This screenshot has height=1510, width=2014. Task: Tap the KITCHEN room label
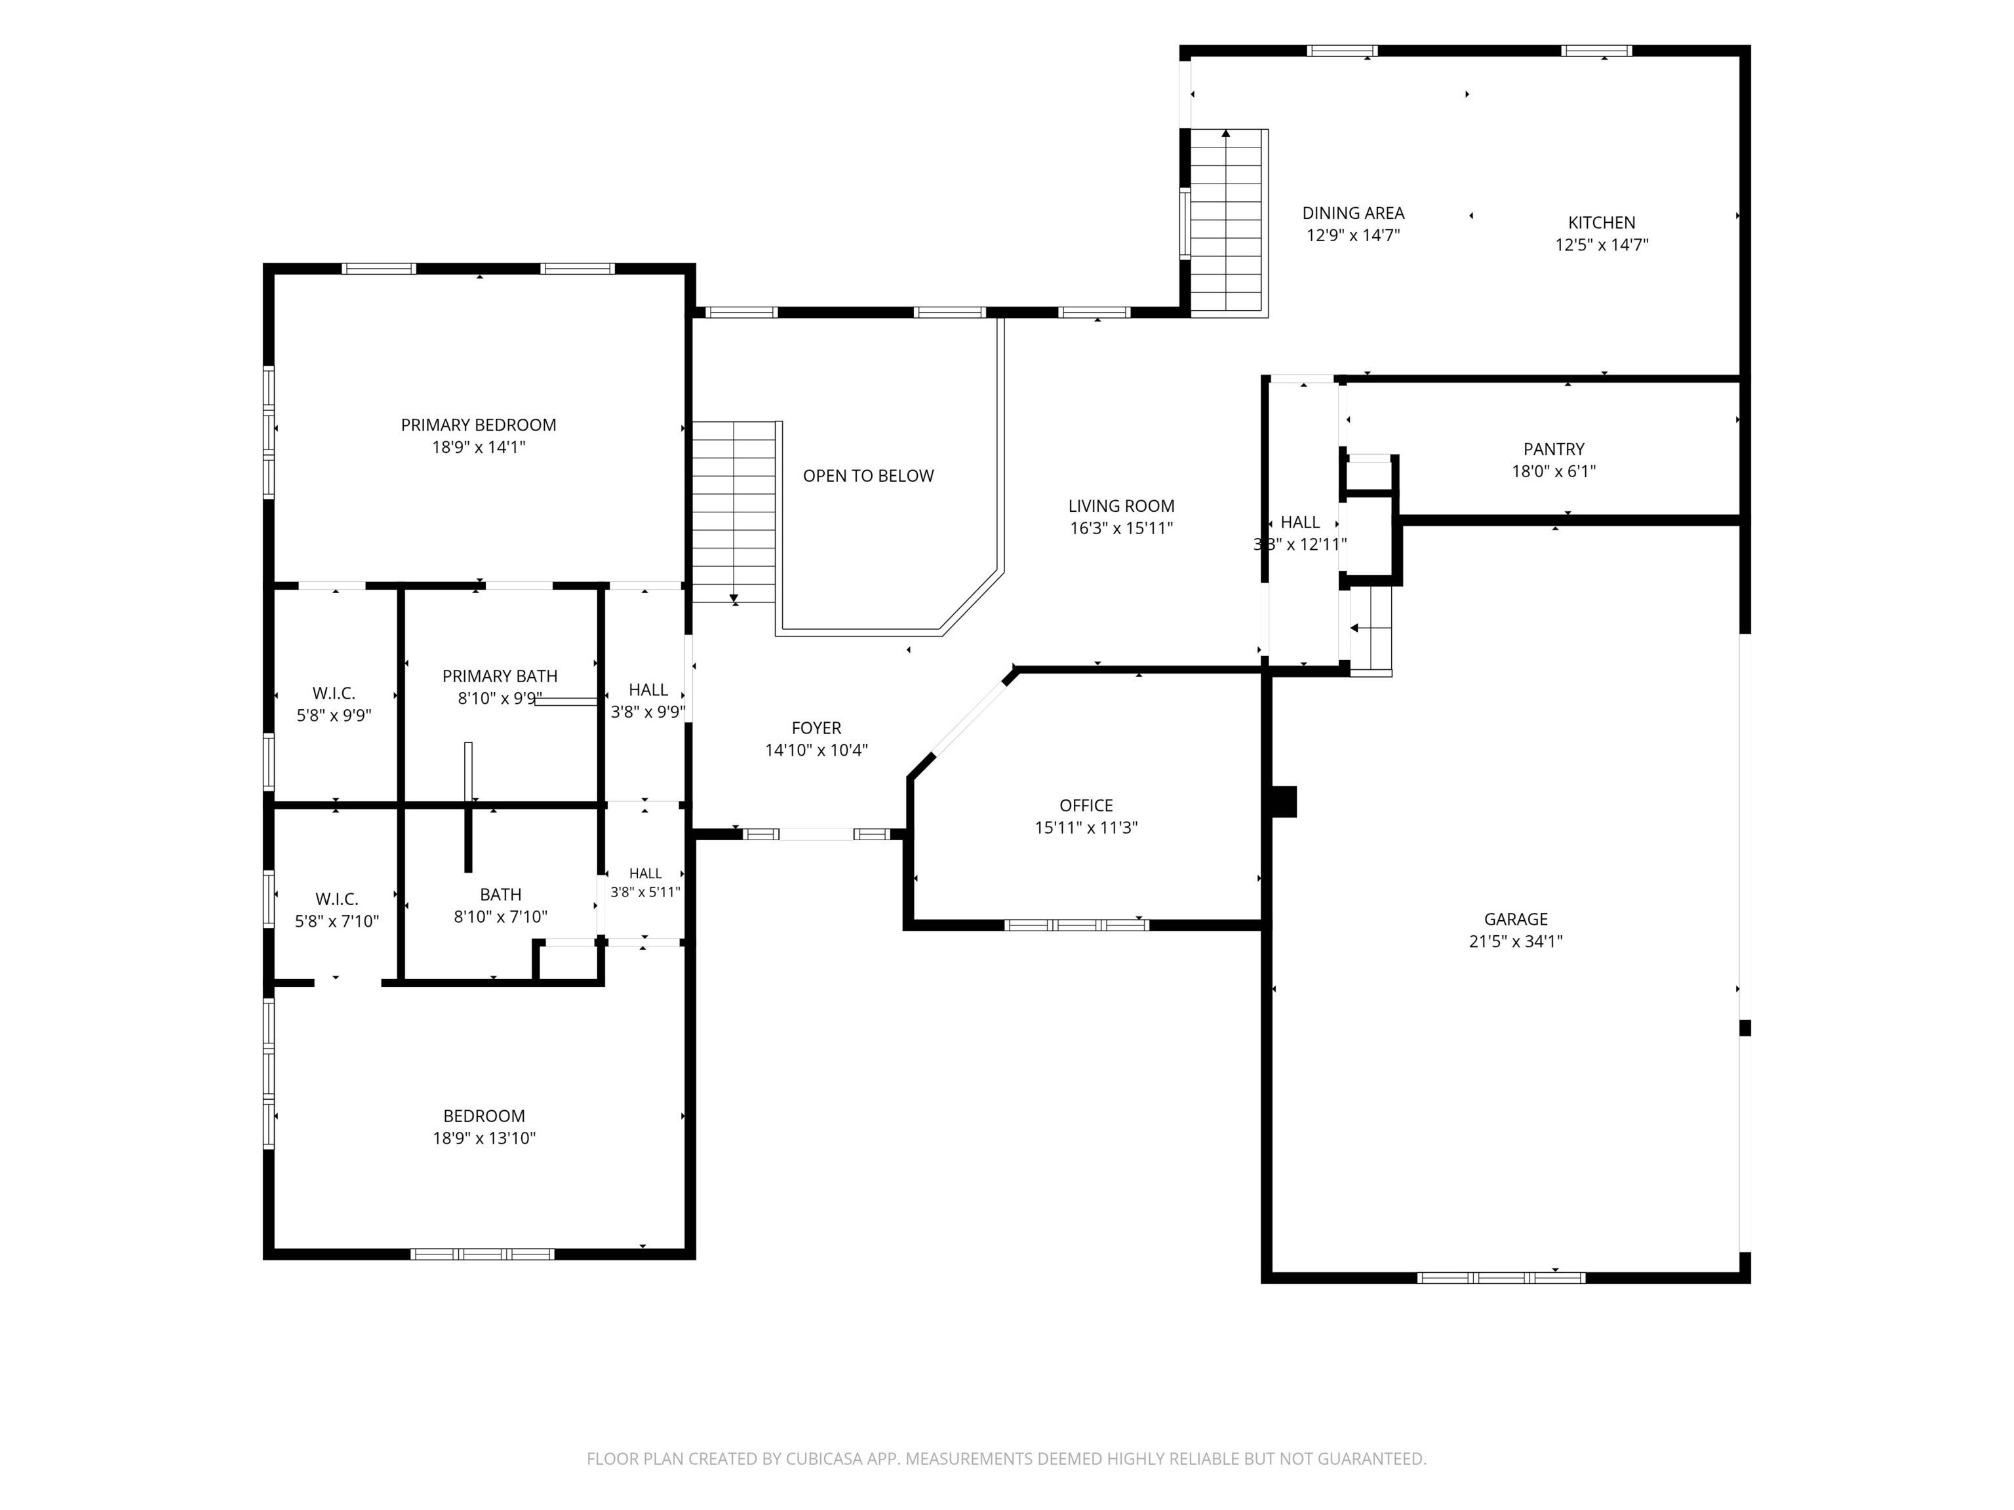[1602, 222]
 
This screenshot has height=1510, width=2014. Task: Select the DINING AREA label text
[1353, 213]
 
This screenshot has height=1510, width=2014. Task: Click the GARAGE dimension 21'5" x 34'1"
[1515, 942]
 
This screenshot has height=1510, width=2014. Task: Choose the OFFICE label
[1086, 805]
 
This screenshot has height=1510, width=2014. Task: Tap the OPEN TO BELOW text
[869, 476]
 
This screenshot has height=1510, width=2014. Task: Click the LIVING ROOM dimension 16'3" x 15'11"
[1121, 528]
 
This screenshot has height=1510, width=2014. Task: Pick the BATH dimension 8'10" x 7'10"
[501, 917]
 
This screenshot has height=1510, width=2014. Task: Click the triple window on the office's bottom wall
[1077, 925]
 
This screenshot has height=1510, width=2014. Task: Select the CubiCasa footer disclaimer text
[1006, 1459]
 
